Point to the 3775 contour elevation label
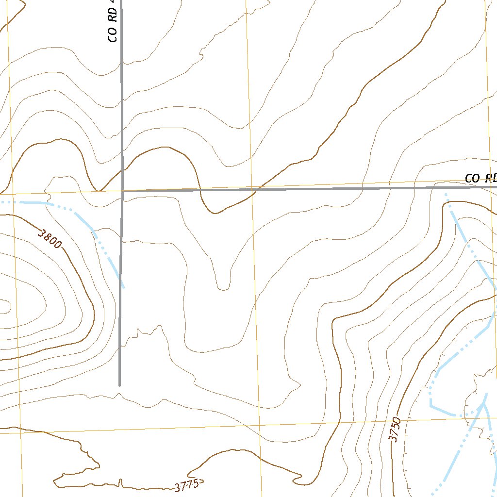[188, 485]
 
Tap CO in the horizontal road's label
[472, 178]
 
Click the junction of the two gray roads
[121, 191]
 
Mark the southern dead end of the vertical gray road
[119, 385]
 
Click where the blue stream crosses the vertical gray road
[120, 279]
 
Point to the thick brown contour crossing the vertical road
[121, 171]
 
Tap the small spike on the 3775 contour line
[121, 482]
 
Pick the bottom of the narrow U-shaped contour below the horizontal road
[223, 289]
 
